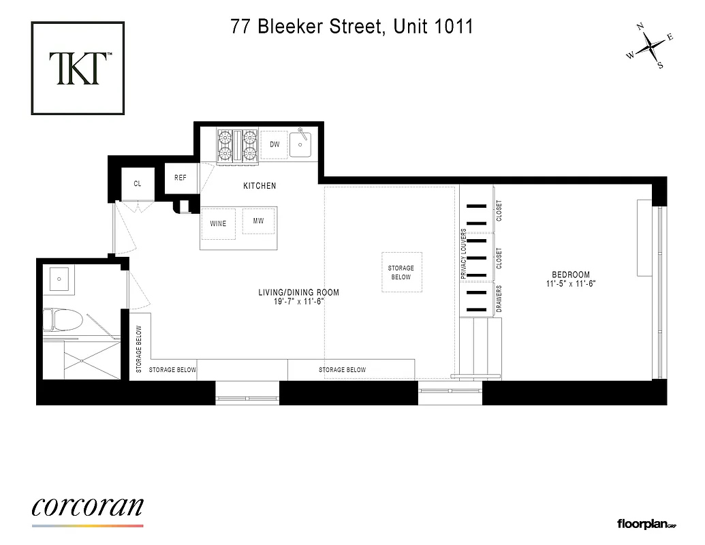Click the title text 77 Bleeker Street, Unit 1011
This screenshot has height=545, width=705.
pos(351,27)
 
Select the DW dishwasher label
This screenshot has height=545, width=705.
pos(275,144)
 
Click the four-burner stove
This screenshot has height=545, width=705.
pos(238,146)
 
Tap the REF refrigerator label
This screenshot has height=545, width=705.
pos(181,178)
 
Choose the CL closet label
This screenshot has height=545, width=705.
pos(138,183)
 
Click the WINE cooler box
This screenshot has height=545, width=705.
pos(218,223)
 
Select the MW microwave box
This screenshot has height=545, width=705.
pos(258,221)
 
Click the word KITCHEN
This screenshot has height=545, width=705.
pos(260,186)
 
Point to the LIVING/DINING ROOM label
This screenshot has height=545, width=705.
pos(298,293)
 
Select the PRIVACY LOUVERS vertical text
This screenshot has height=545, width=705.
pos(463,253)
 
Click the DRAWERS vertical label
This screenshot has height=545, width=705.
pos(499,299)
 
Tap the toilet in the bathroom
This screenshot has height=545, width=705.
pos(63,320)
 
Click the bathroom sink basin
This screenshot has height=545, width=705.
pos(59,278)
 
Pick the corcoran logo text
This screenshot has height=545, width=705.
pos(87,507)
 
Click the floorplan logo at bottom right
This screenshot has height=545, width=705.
pos(646,524)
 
